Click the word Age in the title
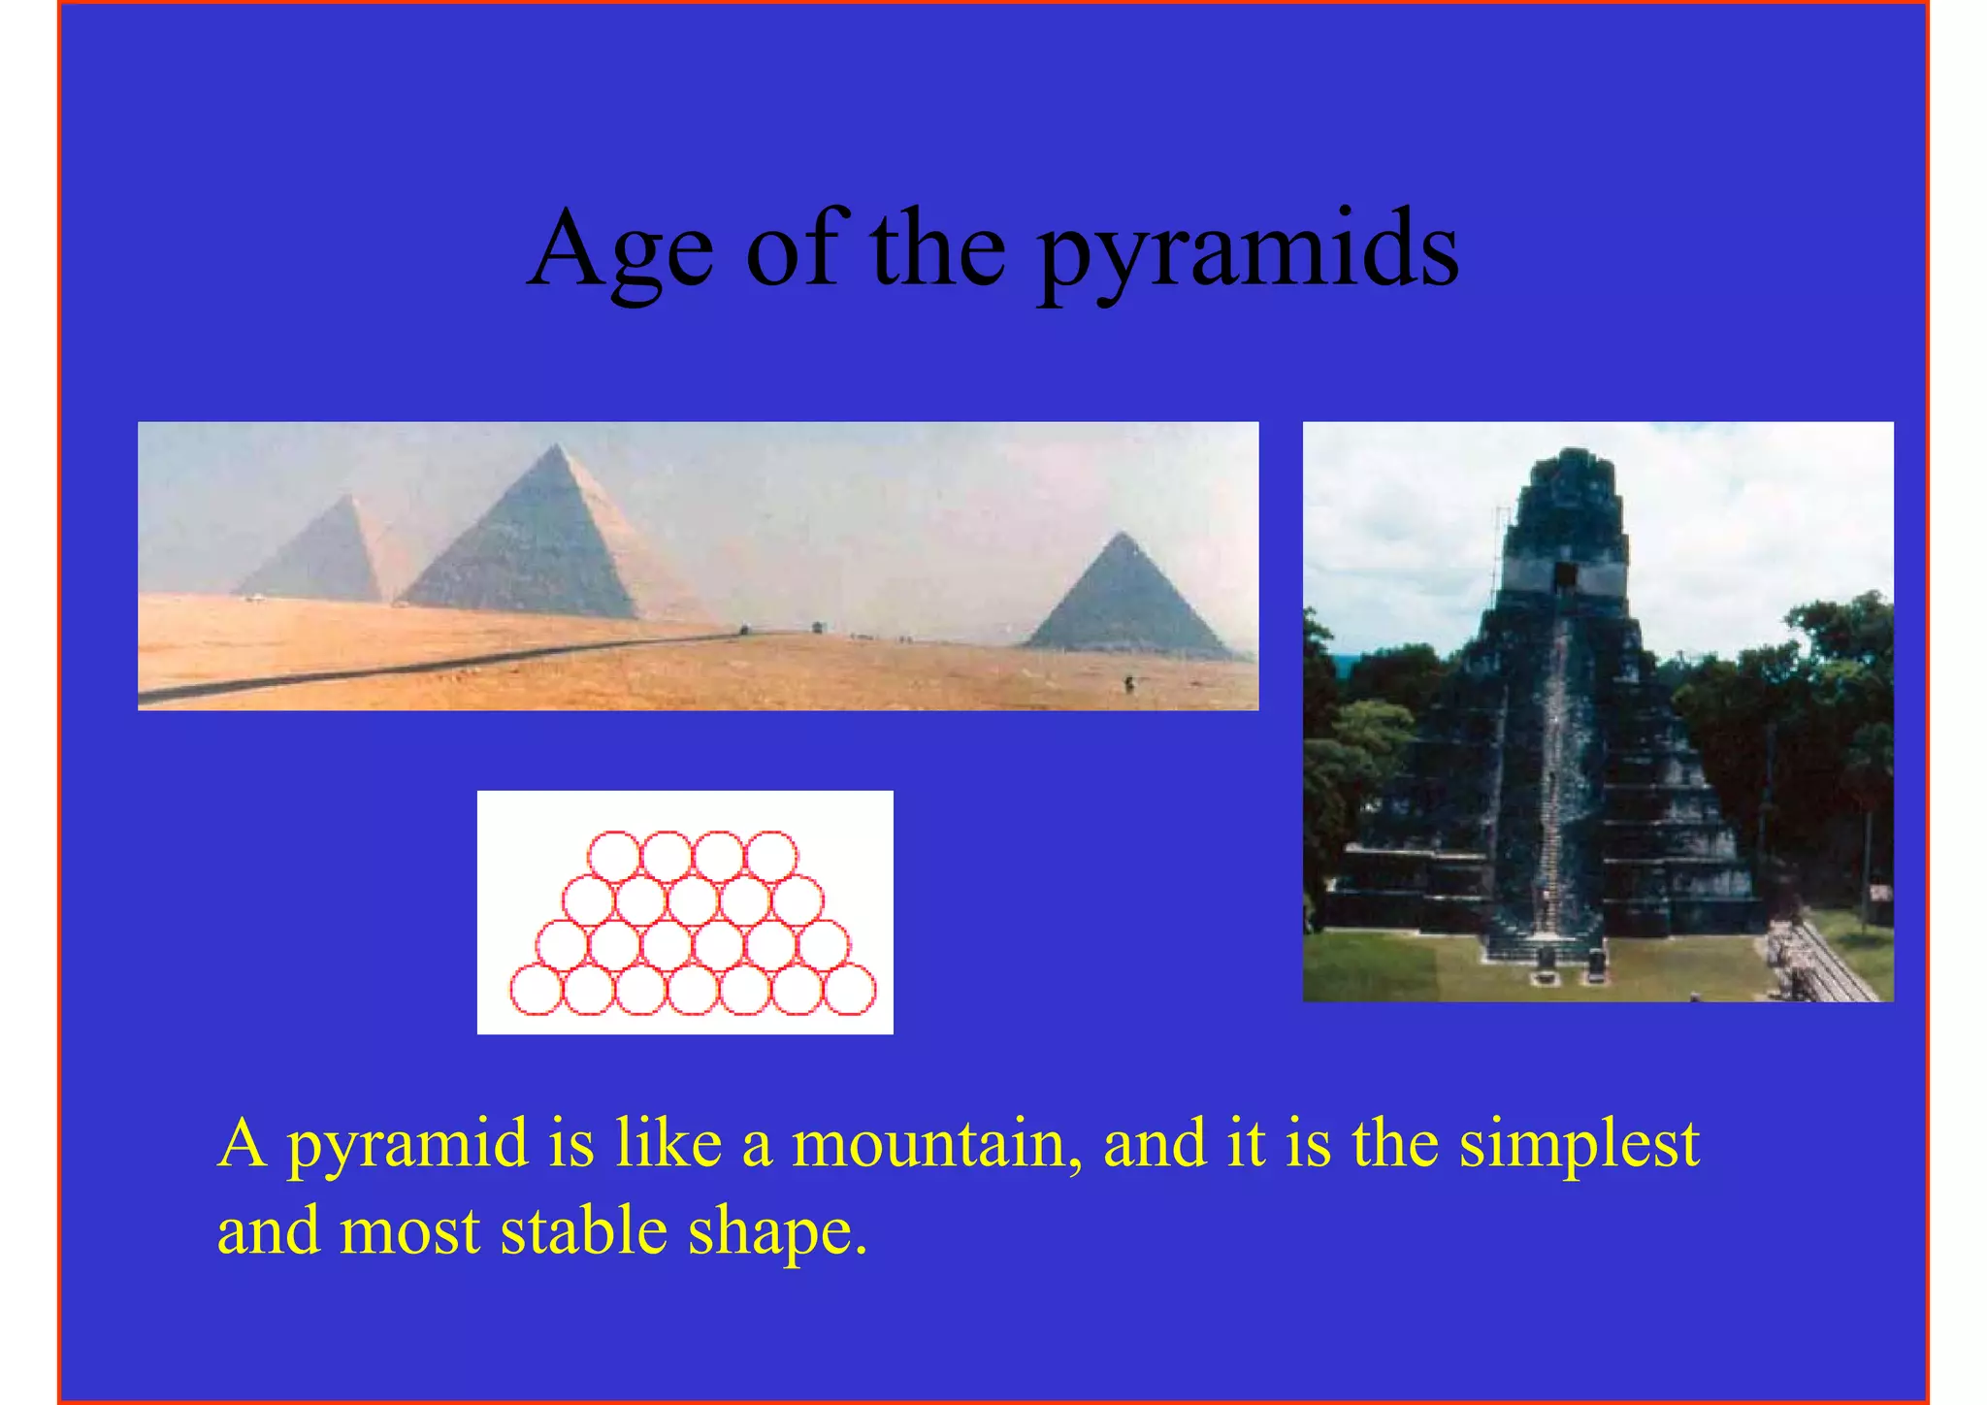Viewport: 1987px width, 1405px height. (x=621, y=250)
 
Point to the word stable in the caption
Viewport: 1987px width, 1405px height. (x=583, y=1230)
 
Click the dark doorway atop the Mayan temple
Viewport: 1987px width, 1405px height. (x=1564, y=576)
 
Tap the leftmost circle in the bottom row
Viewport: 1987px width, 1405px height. (x=537, y=990)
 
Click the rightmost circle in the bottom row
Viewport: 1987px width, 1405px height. (x=850, y=990)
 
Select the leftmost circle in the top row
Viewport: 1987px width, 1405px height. (x=614, y=856)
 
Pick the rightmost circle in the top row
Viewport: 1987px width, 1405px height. (x=771, y=856)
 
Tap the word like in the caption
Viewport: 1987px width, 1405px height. (x=668, y=1143)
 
